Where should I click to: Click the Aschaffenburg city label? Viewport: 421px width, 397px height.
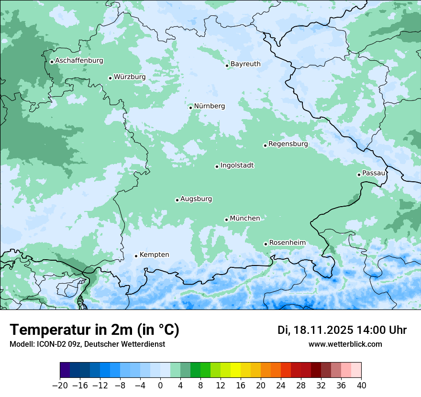click(79, 61)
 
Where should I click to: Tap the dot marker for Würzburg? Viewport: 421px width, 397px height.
click(110, 78)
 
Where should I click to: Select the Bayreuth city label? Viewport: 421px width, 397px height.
click(245, 64)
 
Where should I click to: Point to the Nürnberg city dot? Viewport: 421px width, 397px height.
click(190, 108)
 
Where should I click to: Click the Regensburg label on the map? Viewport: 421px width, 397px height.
click(288, 144)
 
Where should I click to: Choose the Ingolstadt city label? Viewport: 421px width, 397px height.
click(237, 165)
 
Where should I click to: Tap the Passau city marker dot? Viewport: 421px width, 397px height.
click(359, 175)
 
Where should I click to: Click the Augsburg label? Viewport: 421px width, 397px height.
click(196, 199)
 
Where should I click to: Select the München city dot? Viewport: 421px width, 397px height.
click(226, 220)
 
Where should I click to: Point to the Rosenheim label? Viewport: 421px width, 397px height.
click(287, 243)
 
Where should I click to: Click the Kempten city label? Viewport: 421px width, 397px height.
click(154, 254)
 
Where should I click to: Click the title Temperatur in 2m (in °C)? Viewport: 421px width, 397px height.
click(94, 330)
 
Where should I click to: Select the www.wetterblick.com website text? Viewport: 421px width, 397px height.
click(345, 344)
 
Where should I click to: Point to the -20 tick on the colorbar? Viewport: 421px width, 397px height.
click(60, 385)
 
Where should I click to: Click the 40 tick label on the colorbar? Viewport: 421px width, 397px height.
click(361, 385)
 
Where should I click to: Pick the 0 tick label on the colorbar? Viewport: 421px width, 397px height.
click(160, 385)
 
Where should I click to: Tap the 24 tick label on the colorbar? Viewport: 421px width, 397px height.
click(281, 385)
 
